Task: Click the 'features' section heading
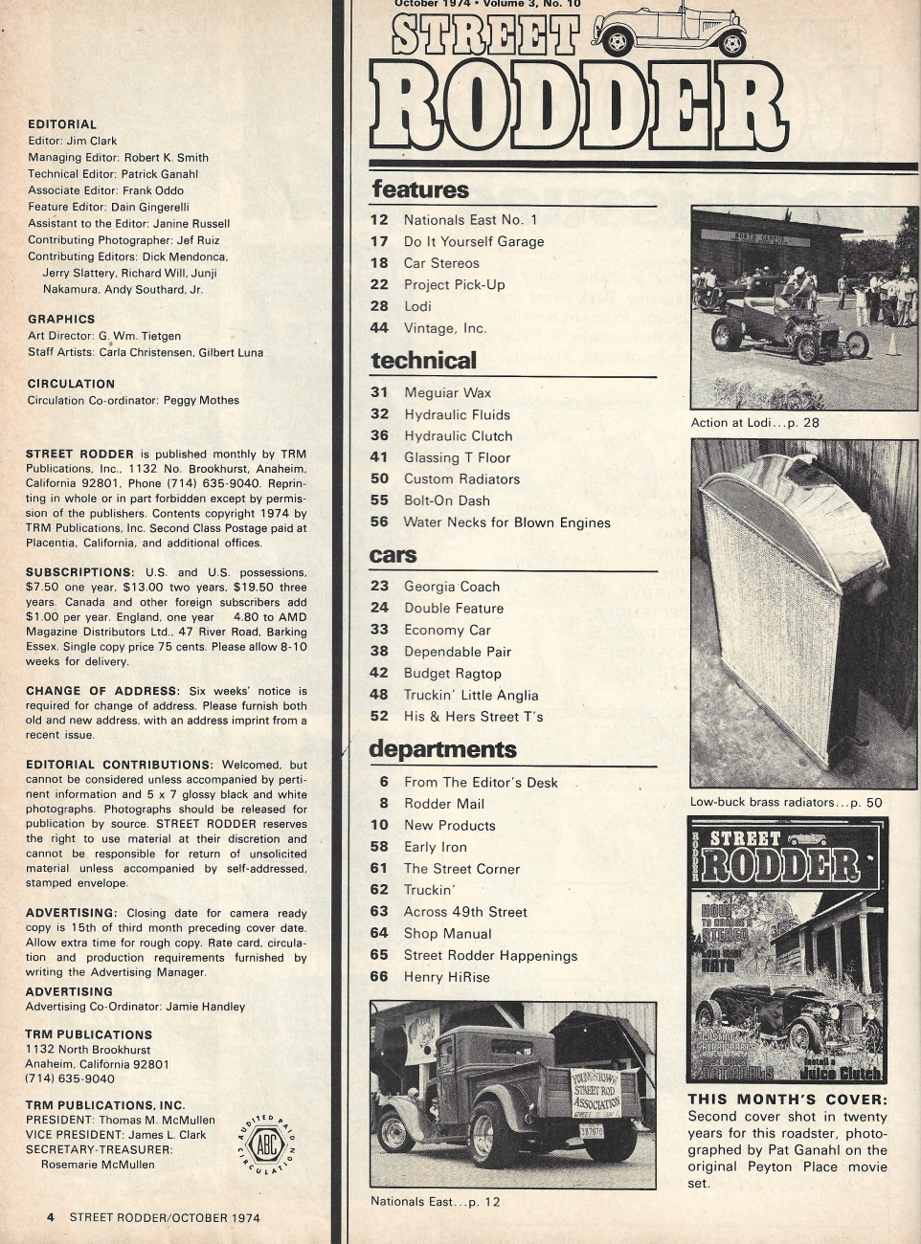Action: click(420, 189)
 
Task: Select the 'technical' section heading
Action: click(423, 361)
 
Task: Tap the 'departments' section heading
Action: click(442, 749)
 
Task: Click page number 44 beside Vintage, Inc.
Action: click(379, 328)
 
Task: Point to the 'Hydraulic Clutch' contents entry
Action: click(458, 436)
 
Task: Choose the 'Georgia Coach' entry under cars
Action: click(452, 587)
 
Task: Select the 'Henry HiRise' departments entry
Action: click(446, 977)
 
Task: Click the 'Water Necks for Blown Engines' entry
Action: click(506, 522)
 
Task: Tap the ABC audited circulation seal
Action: click(265, 1144)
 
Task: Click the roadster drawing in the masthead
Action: click(671, 28)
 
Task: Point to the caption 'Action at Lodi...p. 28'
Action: click(754, 422)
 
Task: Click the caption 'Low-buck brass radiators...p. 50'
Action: click(786, 803)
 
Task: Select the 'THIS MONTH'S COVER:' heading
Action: click(787, 1100)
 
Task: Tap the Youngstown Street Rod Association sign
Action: click(595, 1092)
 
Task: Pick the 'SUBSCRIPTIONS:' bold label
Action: click(79, 572)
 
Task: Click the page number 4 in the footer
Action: click(51, 1217)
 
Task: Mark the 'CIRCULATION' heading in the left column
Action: click(71, 384)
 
